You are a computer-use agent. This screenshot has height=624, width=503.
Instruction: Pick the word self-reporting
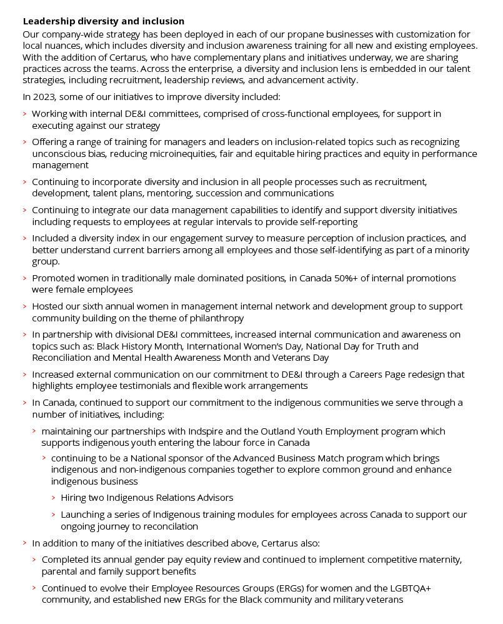[x=326, y=221]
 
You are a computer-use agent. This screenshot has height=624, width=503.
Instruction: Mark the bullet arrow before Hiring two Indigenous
[x=54, y=498]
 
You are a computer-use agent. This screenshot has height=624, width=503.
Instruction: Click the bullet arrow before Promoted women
[x=25, y=278]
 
